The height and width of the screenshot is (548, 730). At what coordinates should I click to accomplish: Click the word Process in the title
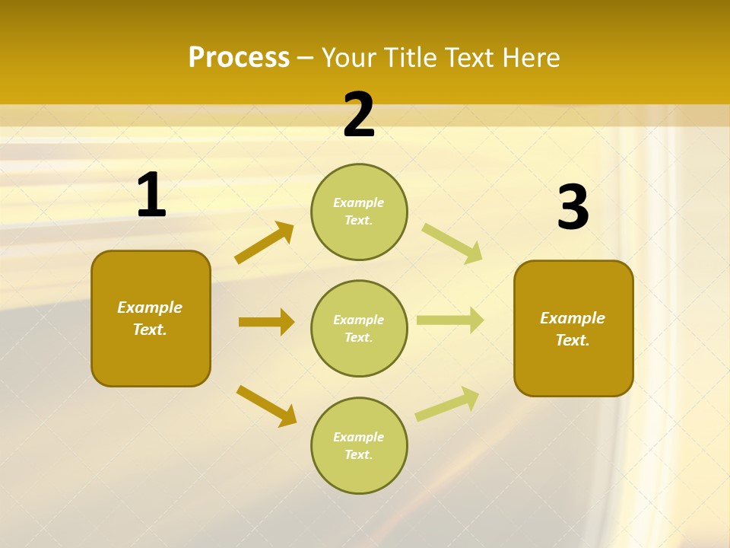pyautogui.click(x=239, y=58)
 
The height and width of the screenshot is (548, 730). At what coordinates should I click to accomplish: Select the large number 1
pyautogui.click(x=151, y=196)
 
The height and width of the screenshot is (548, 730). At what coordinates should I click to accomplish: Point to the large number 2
pyautogui.click(x=359, y=116)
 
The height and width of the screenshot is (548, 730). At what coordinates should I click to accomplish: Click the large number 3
pyautogui.click(x=573, y=208)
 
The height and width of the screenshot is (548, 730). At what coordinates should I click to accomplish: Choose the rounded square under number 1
pyautogui.click(x=151, y=318)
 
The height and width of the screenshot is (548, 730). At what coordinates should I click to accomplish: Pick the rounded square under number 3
pyautogui.click(x=573, y=328)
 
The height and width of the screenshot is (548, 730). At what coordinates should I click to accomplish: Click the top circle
pyautogui.click(x=359, y=212)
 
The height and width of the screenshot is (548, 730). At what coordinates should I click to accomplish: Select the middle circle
pyautogui.click(x=359, y=328)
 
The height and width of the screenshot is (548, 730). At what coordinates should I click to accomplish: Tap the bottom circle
pyautogui.click(x=359, y=445)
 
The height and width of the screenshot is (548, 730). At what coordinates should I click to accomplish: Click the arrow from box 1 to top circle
pyautogui.click(x=264, y=243)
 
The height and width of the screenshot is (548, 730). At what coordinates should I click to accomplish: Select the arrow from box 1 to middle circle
pyautogui.click(x=266, y=322)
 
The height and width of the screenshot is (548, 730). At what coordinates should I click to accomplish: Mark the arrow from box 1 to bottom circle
pyautogui.click(x=266, y=406)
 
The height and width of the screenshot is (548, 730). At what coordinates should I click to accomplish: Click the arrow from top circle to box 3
pyautogui.click(x=452, y=243)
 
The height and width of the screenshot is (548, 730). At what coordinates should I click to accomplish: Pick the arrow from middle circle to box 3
pyautogui.click(x=450, y=320)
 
